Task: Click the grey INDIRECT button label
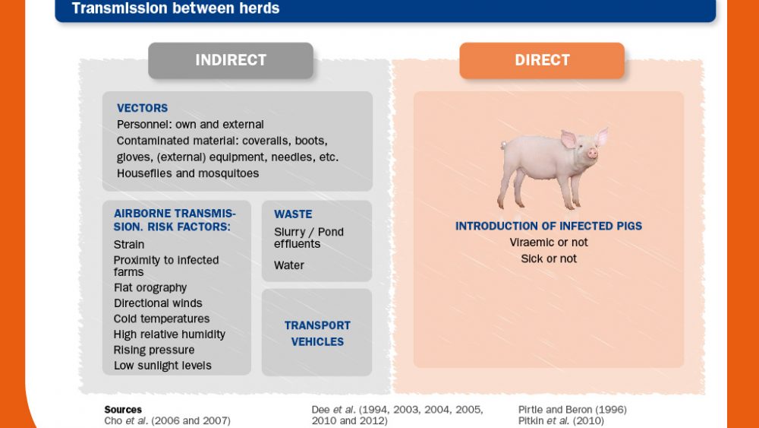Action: point(231,60)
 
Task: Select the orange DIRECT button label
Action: point(542,60)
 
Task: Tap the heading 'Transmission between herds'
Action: point(175,8)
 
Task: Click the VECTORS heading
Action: point(143,108)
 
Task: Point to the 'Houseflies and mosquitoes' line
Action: point(187,173)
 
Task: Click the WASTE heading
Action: point(293,214)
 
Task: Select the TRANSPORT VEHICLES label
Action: point(317,334)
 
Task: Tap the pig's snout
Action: point(593,154)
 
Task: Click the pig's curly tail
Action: point(503,144)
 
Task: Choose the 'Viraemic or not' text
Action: point(549,243)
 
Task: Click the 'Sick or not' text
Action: point(549,258)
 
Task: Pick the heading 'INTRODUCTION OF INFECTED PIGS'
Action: point(549,226)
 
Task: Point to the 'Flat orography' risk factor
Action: point(150,287)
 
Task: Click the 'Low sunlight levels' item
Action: point(162,366)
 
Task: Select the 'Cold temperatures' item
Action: point(162,319)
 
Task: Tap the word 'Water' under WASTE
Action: point(289,265)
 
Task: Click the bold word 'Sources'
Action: point(123,410)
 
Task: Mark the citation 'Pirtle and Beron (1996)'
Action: point(572,410)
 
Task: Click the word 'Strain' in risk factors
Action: point(129,244)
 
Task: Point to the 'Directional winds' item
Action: point(158,303)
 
